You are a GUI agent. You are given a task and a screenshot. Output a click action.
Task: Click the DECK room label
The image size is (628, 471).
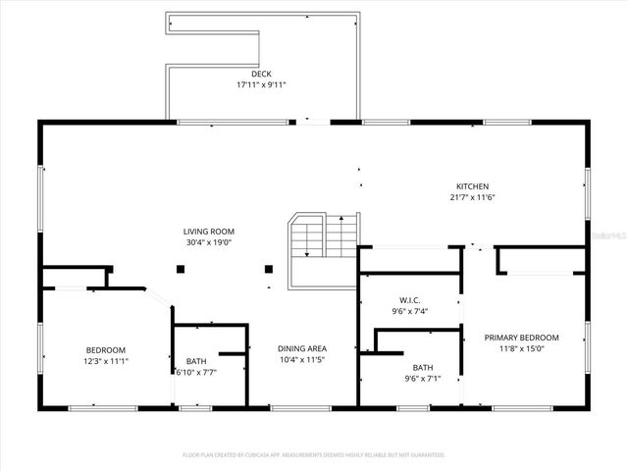pos(261,74)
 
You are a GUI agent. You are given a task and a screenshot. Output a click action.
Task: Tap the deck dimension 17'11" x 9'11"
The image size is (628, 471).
pos(261,84)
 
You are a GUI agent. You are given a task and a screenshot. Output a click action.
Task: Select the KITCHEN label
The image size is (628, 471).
pos(472,186)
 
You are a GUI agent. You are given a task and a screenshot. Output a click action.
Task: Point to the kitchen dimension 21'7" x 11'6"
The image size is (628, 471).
pos(472,197)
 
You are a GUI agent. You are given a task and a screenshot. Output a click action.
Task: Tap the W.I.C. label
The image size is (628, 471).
pos(410,300)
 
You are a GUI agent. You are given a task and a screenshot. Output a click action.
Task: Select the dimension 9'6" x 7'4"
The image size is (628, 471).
pos(410,311)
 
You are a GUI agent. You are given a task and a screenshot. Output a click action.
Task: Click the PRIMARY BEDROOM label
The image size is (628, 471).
pos(521,338)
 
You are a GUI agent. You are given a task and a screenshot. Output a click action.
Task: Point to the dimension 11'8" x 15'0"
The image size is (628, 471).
pos(521,348)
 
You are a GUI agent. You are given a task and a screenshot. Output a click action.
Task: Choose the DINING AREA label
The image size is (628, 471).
pos(302,348)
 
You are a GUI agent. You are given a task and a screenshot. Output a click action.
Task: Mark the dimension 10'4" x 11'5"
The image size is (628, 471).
pos(302,359)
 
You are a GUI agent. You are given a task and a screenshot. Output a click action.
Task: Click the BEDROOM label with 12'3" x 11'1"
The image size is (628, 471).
pos(106,350)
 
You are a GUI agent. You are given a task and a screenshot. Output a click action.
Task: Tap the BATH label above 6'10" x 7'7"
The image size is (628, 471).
pos(196,361)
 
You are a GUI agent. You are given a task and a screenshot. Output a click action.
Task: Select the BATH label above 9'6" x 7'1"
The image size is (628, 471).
pos(423,367)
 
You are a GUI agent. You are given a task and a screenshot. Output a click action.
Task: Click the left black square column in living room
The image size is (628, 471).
pos(182,269)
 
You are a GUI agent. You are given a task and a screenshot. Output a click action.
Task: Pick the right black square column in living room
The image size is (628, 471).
pos(267,269)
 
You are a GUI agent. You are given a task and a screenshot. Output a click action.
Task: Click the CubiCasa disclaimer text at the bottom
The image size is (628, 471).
pos(314,455)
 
